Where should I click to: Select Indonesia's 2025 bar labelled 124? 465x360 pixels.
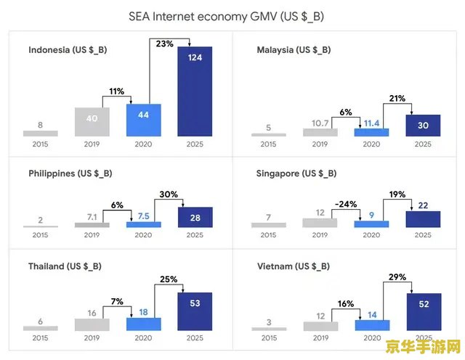[x=195, y=91]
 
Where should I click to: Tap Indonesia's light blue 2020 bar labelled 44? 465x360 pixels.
[x=144, y=120]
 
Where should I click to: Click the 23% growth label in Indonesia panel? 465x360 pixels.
[x=165, y=44]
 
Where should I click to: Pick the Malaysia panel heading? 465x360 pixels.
[x=294, y=50]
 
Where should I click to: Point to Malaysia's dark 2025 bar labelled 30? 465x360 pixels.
[x=423, y=126]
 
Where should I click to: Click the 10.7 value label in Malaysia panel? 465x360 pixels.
[x=320, y=123]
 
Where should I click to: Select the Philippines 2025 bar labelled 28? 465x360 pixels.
[x=195, y=217]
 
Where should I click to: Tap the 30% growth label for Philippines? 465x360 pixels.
[x=169, y=195]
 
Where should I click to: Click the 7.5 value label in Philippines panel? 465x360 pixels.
[x=144, y=216]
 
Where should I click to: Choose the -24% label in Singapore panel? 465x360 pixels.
[x=346, y=204]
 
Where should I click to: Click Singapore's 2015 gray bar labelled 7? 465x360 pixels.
[x=269, y=225]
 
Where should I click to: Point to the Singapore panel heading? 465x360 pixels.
[x=296, y=173]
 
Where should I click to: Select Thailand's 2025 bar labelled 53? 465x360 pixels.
[x=195, y=311]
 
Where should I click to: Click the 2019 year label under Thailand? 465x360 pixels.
[x=92, y=337]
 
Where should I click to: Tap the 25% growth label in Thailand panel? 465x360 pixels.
[x=169, y=279]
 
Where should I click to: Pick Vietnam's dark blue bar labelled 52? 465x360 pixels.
[x=424, y=311]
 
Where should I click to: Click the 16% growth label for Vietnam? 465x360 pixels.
[x=346, y=303]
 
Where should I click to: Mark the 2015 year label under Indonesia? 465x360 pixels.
[x=41, y=144]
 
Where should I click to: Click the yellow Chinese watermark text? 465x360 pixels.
[x=423, y=346]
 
